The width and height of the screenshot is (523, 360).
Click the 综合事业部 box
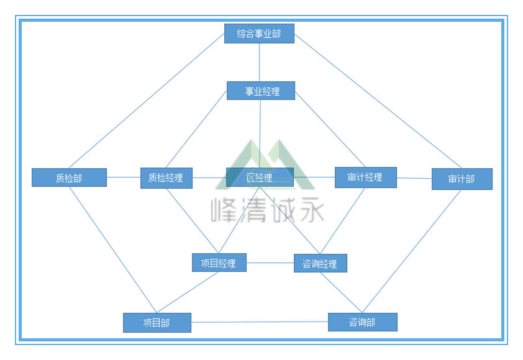click(259, 34)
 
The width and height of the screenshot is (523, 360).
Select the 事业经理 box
click(260, 91)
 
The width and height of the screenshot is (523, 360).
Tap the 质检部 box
click(69, 178)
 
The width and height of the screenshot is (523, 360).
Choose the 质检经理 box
click(166, 178)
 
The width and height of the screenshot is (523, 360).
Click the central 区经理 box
click(260, 178)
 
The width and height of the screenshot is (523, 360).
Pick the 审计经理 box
click(365, 177)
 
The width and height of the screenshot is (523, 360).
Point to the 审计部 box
click(462, 179)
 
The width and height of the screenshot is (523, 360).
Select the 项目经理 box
click(219, 263)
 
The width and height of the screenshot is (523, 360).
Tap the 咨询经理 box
click(320, 263)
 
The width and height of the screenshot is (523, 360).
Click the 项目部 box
click(157, 323)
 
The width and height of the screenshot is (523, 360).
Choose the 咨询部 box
click(362, 322)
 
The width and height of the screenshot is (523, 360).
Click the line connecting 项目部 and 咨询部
click(260, 322)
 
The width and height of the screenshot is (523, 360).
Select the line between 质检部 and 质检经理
click(124, 177)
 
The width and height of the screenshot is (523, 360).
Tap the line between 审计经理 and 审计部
click(414, 178)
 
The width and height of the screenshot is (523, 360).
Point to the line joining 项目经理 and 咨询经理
click(270, 263)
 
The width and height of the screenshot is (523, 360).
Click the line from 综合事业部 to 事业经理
click(260, 62)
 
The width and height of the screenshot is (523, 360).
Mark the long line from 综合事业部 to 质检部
click(147, 100)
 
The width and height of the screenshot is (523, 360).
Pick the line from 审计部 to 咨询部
click(412, 251)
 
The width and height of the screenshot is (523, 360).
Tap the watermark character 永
click(309, 211)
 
